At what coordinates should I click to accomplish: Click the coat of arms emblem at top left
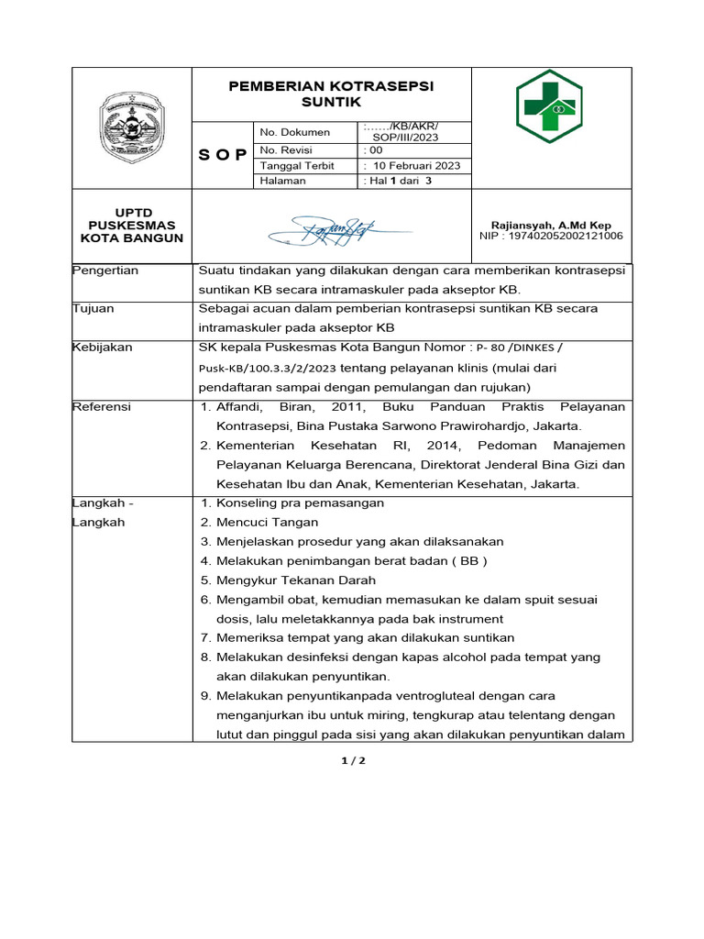pyautogui.click(x=132, y=127)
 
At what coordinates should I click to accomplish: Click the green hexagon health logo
pyautogui.click(x=548, y=106)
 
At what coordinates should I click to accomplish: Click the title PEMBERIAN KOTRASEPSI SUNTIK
pyautogui.click(x=332, y=94)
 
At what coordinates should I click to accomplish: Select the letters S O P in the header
pyautogui.click(x=223, y=154)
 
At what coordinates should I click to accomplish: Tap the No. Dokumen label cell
pyautogui.click(x=294, y=132)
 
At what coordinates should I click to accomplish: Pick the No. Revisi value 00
pyautogui.click(x=375, y=149)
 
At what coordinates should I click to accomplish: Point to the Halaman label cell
pyautogui.click(x=283, y=182)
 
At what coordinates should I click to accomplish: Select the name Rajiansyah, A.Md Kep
pyautogui.click(x=551, y=225)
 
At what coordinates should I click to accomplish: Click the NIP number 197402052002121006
pyautogui.click(x=551, y=236)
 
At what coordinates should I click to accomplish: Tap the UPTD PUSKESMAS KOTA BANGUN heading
pyautogui.click(x=132, y=226)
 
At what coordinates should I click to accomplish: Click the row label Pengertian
pyautogui.click(x=105, y=271)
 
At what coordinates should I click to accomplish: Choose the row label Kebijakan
pyautogui.click(x=103, y=348)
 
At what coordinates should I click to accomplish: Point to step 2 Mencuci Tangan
pyautogui.click(x=252, y=523)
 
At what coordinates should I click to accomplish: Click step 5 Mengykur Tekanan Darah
pyautogui.click(x=287, y=580)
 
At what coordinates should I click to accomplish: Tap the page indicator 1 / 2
pyautogui.click(x=352, y=761)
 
